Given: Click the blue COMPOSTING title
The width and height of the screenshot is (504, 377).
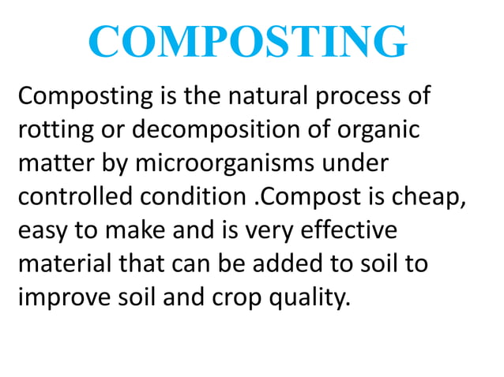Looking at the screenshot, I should coord(248,43).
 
